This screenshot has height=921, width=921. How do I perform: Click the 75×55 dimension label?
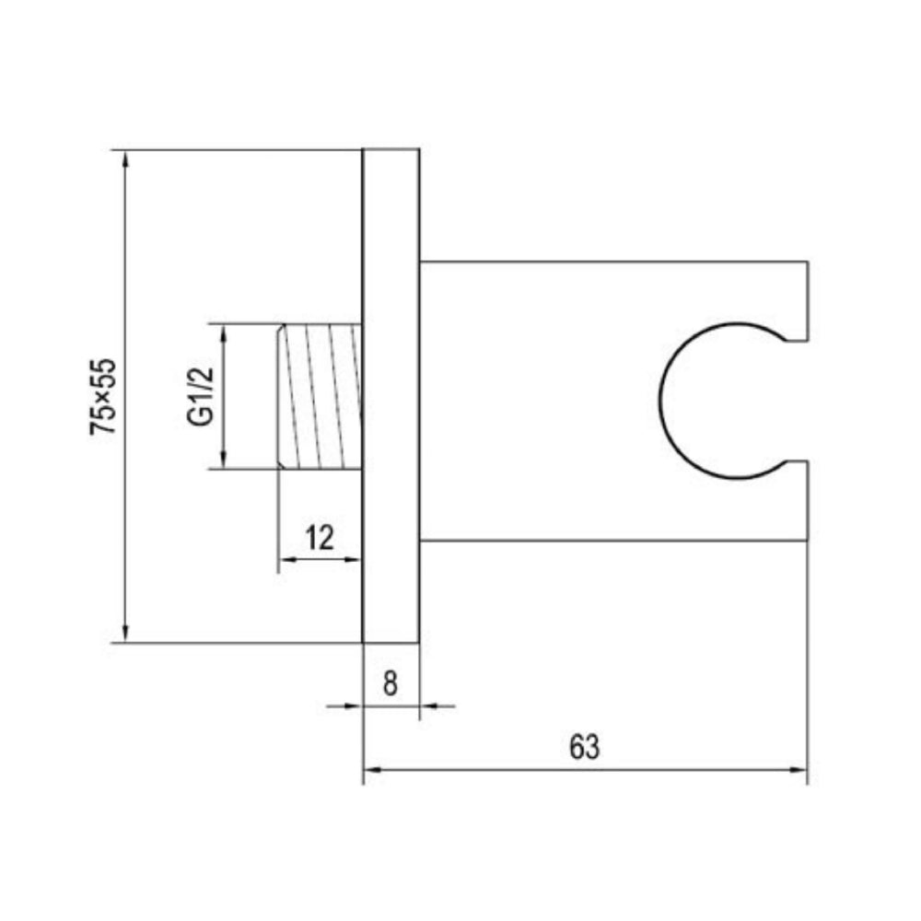(104, 396)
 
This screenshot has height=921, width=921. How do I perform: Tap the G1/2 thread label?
(200, 396)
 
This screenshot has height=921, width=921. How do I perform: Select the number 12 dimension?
(319, 537)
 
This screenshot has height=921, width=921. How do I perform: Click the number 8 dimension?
(391, 683)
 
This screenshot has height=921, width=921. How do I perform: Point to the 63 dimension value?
(584, 747)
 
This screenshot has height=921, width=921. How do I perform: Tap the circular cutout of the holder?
(718, 401)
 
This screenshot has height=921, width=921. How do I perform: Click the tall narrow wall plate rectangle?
(391, 396)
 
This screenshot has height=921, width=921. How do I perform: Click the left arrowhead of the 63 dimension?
(371, 767)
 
